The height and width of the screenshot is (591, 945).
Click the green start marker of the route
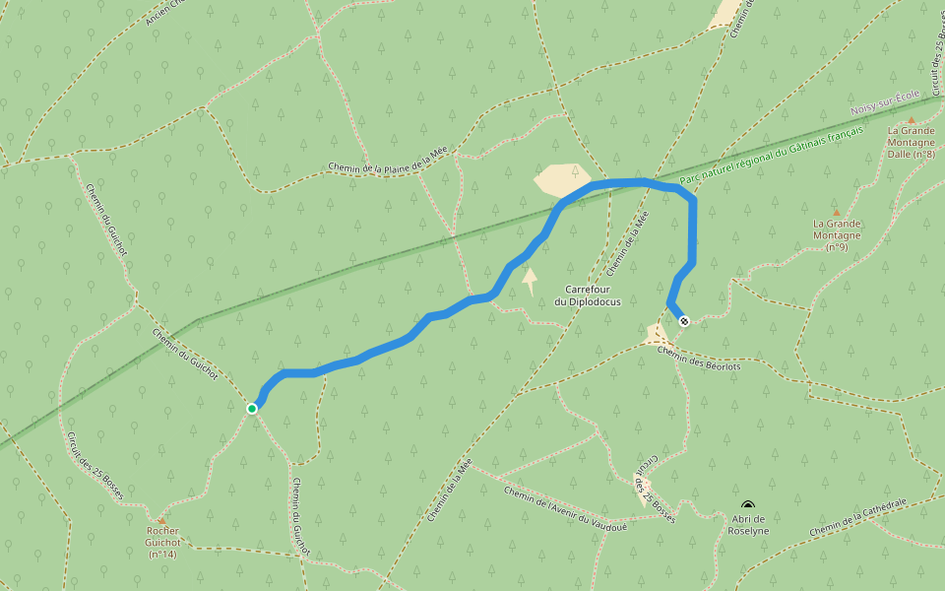(x=252, y=408)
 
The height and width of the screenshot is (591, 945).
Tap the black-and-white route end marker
(x=684, y=320)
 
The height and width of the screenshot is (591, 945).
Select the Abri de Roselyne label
(x=749, y=524)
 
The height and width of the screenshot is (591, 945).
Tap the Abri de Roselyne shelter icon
(x=748, y=505)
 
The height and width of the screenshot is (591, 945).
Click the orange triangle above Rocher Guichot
(x=161, y=520)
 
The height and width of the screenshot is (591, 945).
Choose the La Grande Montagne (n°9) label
(x=837, y=234)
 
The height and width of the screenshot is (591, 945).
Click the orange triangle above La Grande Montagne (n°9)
(x=837, y=212)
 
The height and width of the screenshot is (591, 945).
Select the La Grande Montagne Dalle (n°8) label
(x=911, y=142)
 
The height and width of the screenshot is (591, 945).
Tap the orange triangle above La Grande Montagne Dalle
(x=911, y=119)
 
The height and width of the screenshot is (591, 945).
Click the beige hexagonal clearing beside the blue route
(x=561, y=179)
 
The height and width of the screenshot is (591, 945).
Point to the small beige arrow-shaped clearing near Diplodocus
(x=530, y=281)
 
